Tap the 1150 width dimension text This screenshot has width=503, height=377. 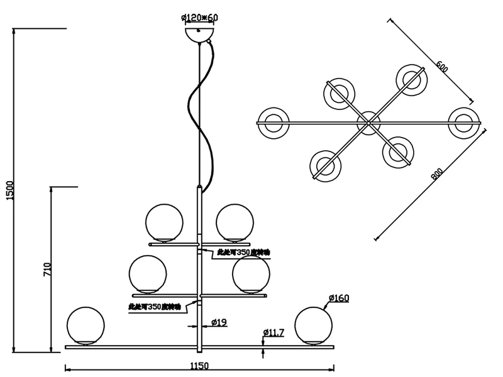click(x=199, y=365)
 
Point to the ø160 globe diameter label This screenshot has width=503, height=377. click(x=338, y=298)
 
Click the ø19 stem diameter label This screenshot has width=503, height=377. click(x=218, y=323)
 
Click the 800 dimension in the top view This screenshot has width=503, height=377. click(x=436, y=174)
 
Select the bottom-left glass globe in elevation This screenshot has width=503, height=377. click(x=86, y=325)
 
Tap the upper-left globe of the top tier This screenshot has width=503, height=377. click(x=164, y=222)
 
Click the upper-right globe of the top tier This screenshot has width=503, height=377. click(x=235, y=222)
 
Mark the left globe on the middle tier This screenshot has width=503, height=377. click(x=148, y=273)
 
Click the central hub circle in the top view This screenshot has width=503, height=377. click(x=368, y=122)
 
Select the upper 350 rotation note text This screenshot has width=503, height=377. click(x=243, y=251)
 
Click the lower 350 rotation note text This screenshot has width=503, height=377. click(x=154, y=307)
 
